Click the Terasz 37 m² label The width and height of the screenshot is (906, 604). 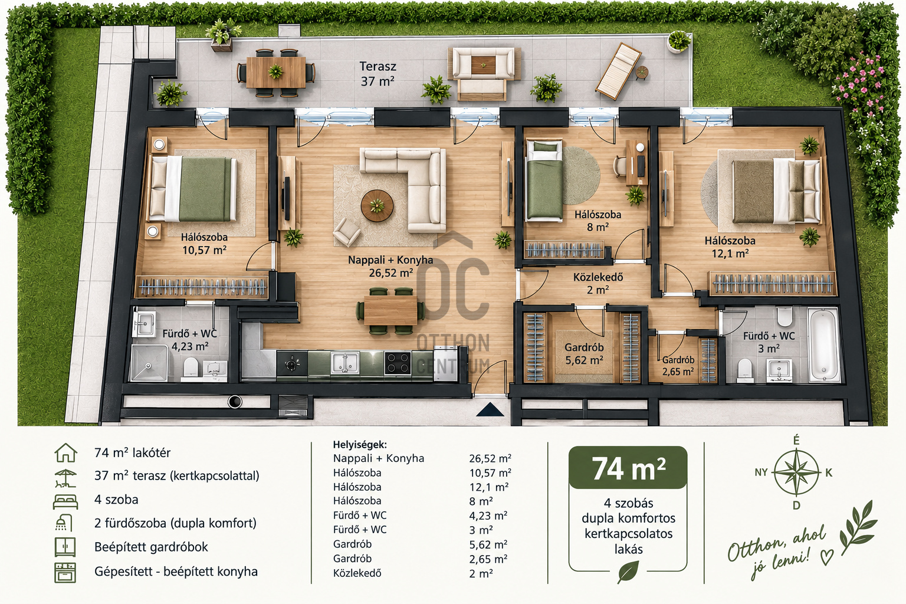[x=377, y=74]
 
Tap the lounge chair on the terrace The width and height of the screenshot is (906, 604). [x=618, y=71]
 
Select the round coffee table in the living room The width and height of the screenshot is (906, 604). [x=377, y=205]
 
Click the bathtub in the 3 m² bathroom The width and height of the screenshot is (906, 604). [x=823, y=344]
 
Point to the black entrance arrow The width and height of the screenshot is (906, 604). [x=490, y=409]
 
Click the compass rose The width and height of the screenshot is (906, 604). [x=796, y=472]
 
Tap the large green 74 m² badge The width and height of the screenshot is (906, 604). [x=628, y=468]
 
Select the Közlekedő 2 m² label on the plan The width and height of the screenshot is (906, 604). [x=598, y=283]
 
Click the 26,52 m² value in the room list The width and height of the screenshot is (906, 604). [x=490, y=458]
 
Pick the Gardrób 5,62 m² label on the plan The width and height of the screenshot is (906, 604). [x=584, y=353]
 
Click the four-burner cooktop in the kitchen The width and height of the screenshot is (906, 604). [x=398, y=362]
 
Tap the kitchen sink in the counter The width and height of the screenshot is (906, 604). [x=344, y=362]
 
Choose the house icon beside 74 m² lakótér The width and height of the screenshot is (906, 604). [x=65, y=452]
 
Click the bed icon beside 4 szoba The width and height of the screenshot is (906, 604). [x=65, y=501]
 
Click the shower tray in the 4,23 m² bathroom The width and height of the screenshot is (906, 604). [x=149, y=363]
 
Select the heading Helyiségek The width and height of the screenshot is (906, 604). [x=360, y=445]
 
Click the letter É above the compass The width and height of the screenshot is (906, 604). [x=796, y=441]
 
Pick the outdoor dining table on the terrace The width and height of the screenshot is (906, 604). [x=276, y=72]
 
